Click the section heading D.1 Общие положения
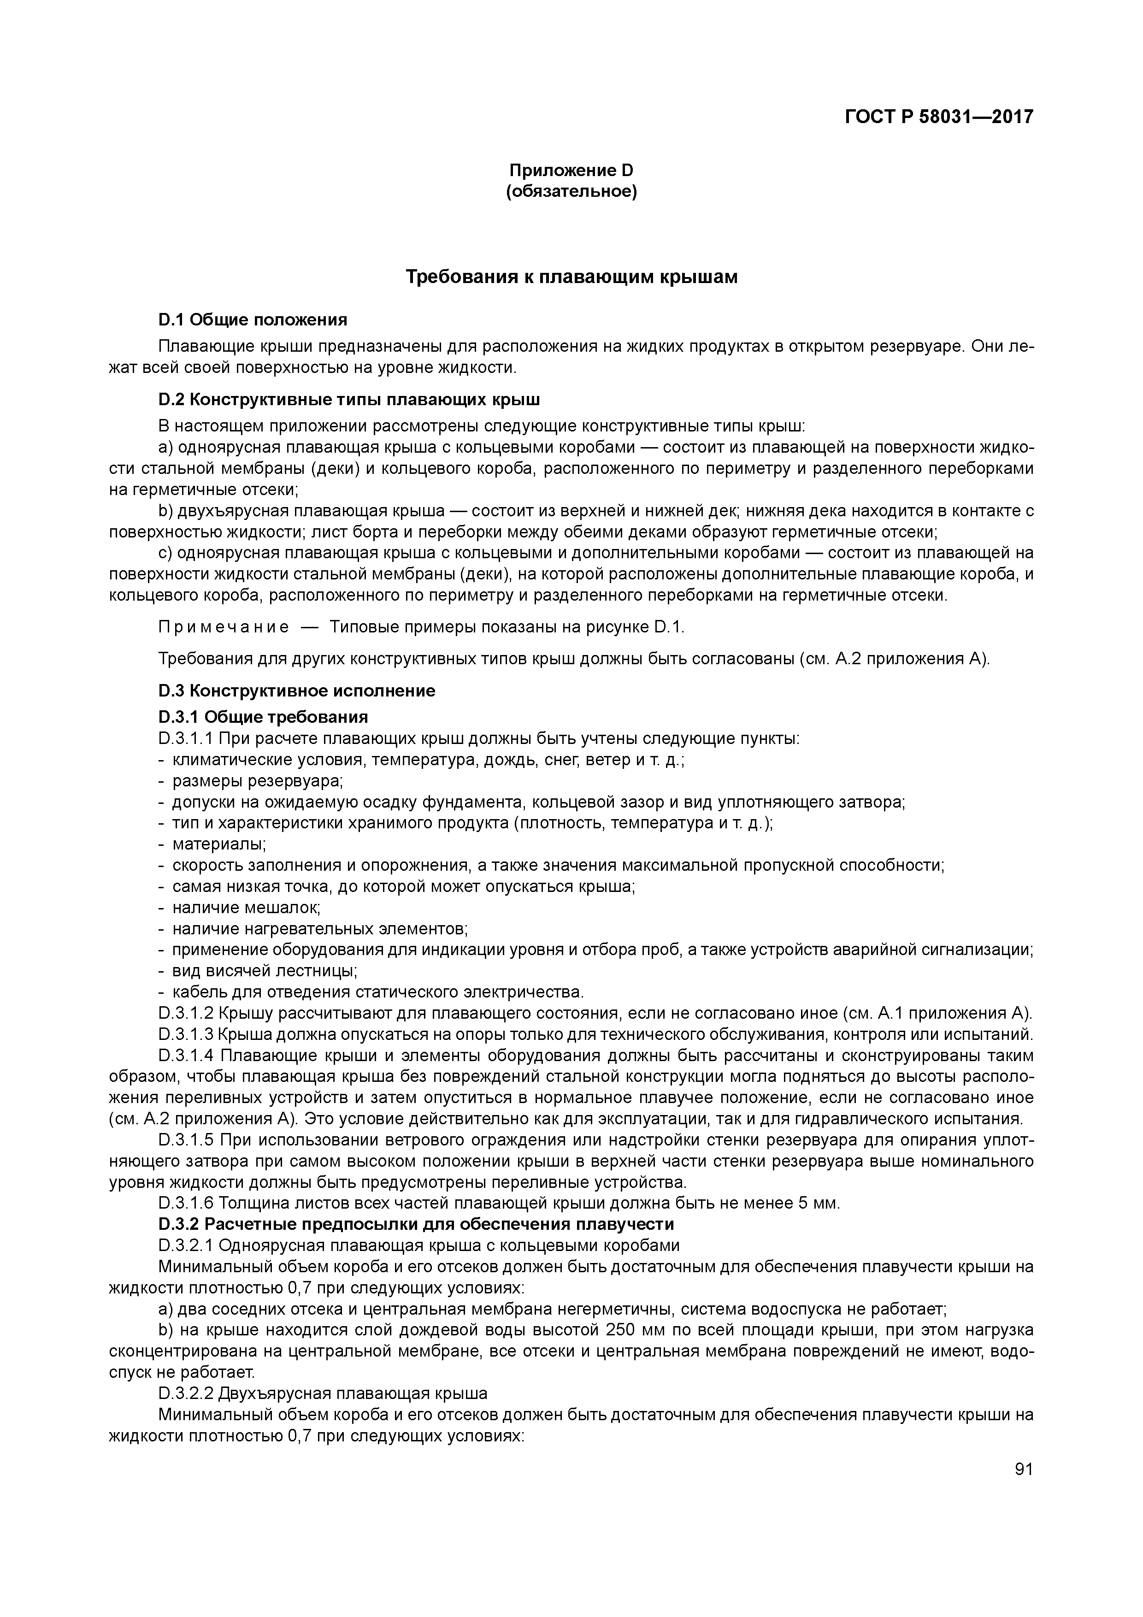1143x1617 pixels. point(253,320)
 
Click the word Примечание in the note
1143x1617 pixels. point(223,627)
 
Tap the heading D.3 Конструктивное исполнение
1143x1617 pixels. point(296,690)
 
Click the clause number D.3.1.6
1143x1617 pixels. point(186,1203)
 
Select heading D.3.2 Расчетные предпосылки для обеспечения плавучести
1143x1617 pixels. point(416,1224)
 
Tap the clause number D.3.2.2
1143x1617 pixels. point(186,1393)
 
